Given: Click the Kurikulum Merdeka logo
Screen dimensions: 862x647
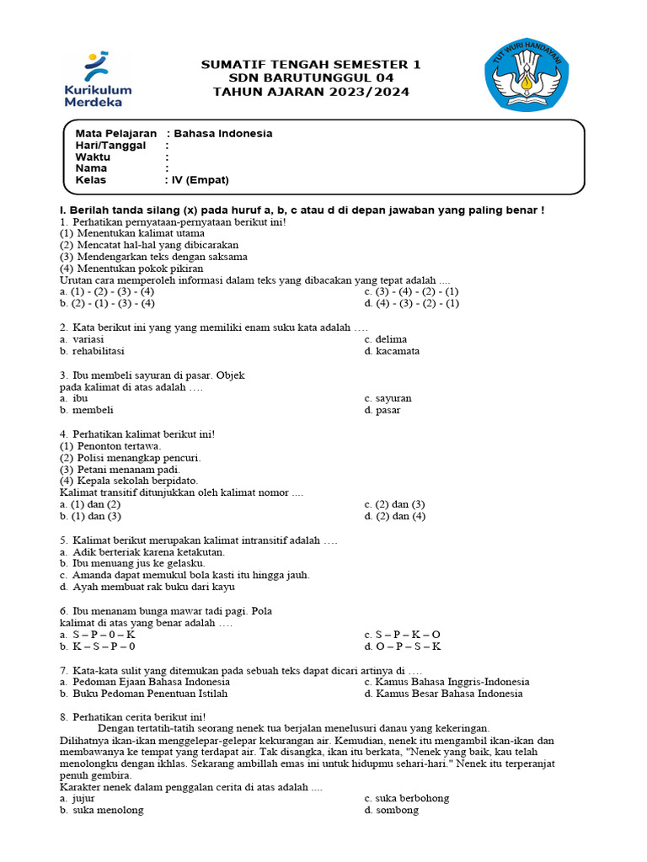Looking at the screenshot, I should coord(98,80).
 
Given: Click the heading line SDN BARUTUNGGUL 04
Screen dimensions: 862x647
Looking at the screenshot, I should coord(311,78).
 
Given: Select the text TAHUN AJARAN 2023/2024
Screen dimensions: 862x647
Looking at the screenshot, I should coord(311,92).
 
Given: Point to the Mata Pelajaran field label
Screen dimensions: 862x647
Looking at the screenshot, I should coord(116,133).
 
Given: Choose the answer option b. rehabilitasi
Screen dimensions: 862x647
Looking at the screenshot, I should coord(92,351).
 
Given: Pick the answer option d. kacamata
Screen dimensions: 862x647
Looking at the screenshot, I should coord(392,351).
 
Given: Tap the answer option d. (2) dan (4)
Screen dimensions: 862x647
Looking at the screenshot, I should coord(395,515).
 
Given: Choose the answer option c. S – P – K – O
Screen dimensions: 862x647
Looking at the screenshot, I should coord(402,634).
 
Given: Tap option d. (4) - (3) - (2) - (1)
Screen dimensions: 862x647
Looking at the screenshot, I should coord(411,303).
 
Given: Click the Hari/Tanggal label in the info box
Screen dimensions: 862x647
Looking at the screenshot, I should coord(110,145).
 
